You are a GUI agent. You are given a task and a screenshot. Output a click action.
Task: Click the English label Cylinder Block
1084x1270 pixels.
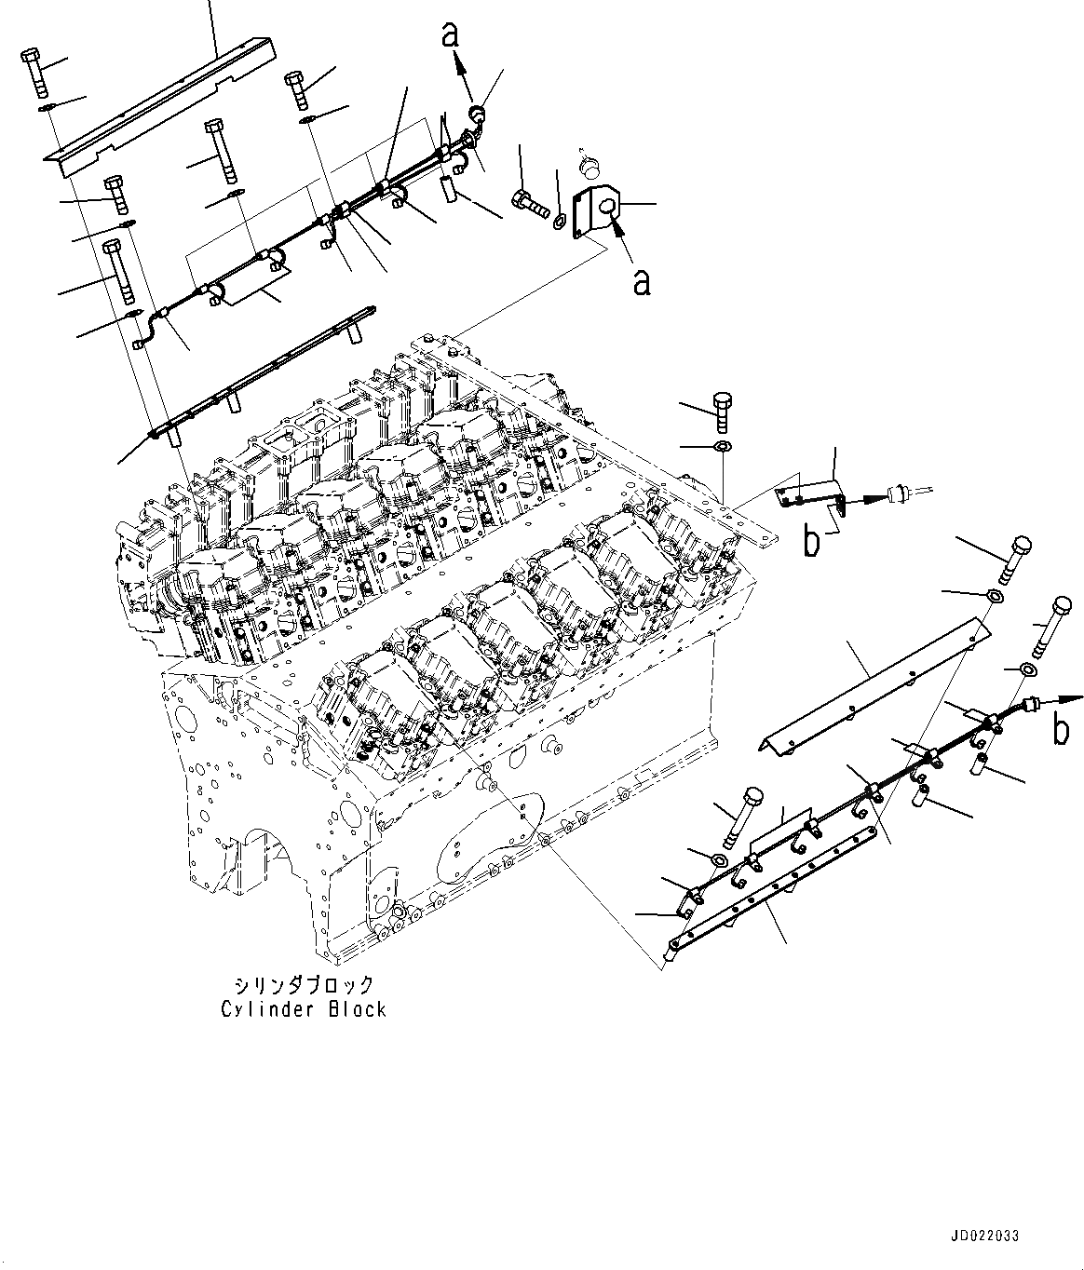coord(303,1009)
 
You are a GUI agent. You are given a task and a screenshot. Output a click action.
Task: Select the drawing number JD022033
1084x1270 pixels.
coord(985,1236)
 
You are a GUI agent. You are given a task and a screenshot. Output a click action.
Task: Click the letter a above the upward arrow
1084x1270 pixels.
coord(451,34)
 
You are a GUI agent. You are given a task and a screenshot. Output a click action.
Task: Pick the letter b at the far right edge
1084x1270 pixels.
coord(1061,731)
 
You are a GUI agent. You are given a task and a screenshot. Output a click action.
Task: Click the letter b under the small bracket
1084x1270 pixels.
coord(812,542)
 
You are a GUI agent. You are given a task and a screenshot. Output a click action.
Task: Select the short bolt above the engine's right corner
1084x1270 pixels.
coord(724,411)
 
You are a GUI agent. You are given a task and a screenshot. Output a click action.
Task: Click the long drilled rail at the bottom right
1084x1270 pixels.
coord(773,885)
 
